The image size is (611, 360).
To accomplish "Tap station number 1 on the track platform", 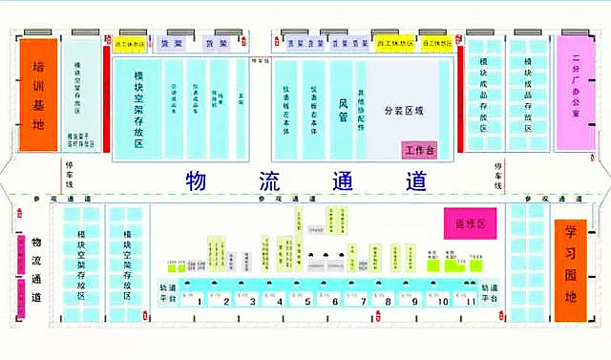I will tap(225, 302).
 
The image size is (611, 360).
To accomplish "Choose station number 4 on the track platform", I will tap(280, 302).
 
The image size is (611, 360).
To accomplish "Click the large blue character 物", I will tap(197, 181).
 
